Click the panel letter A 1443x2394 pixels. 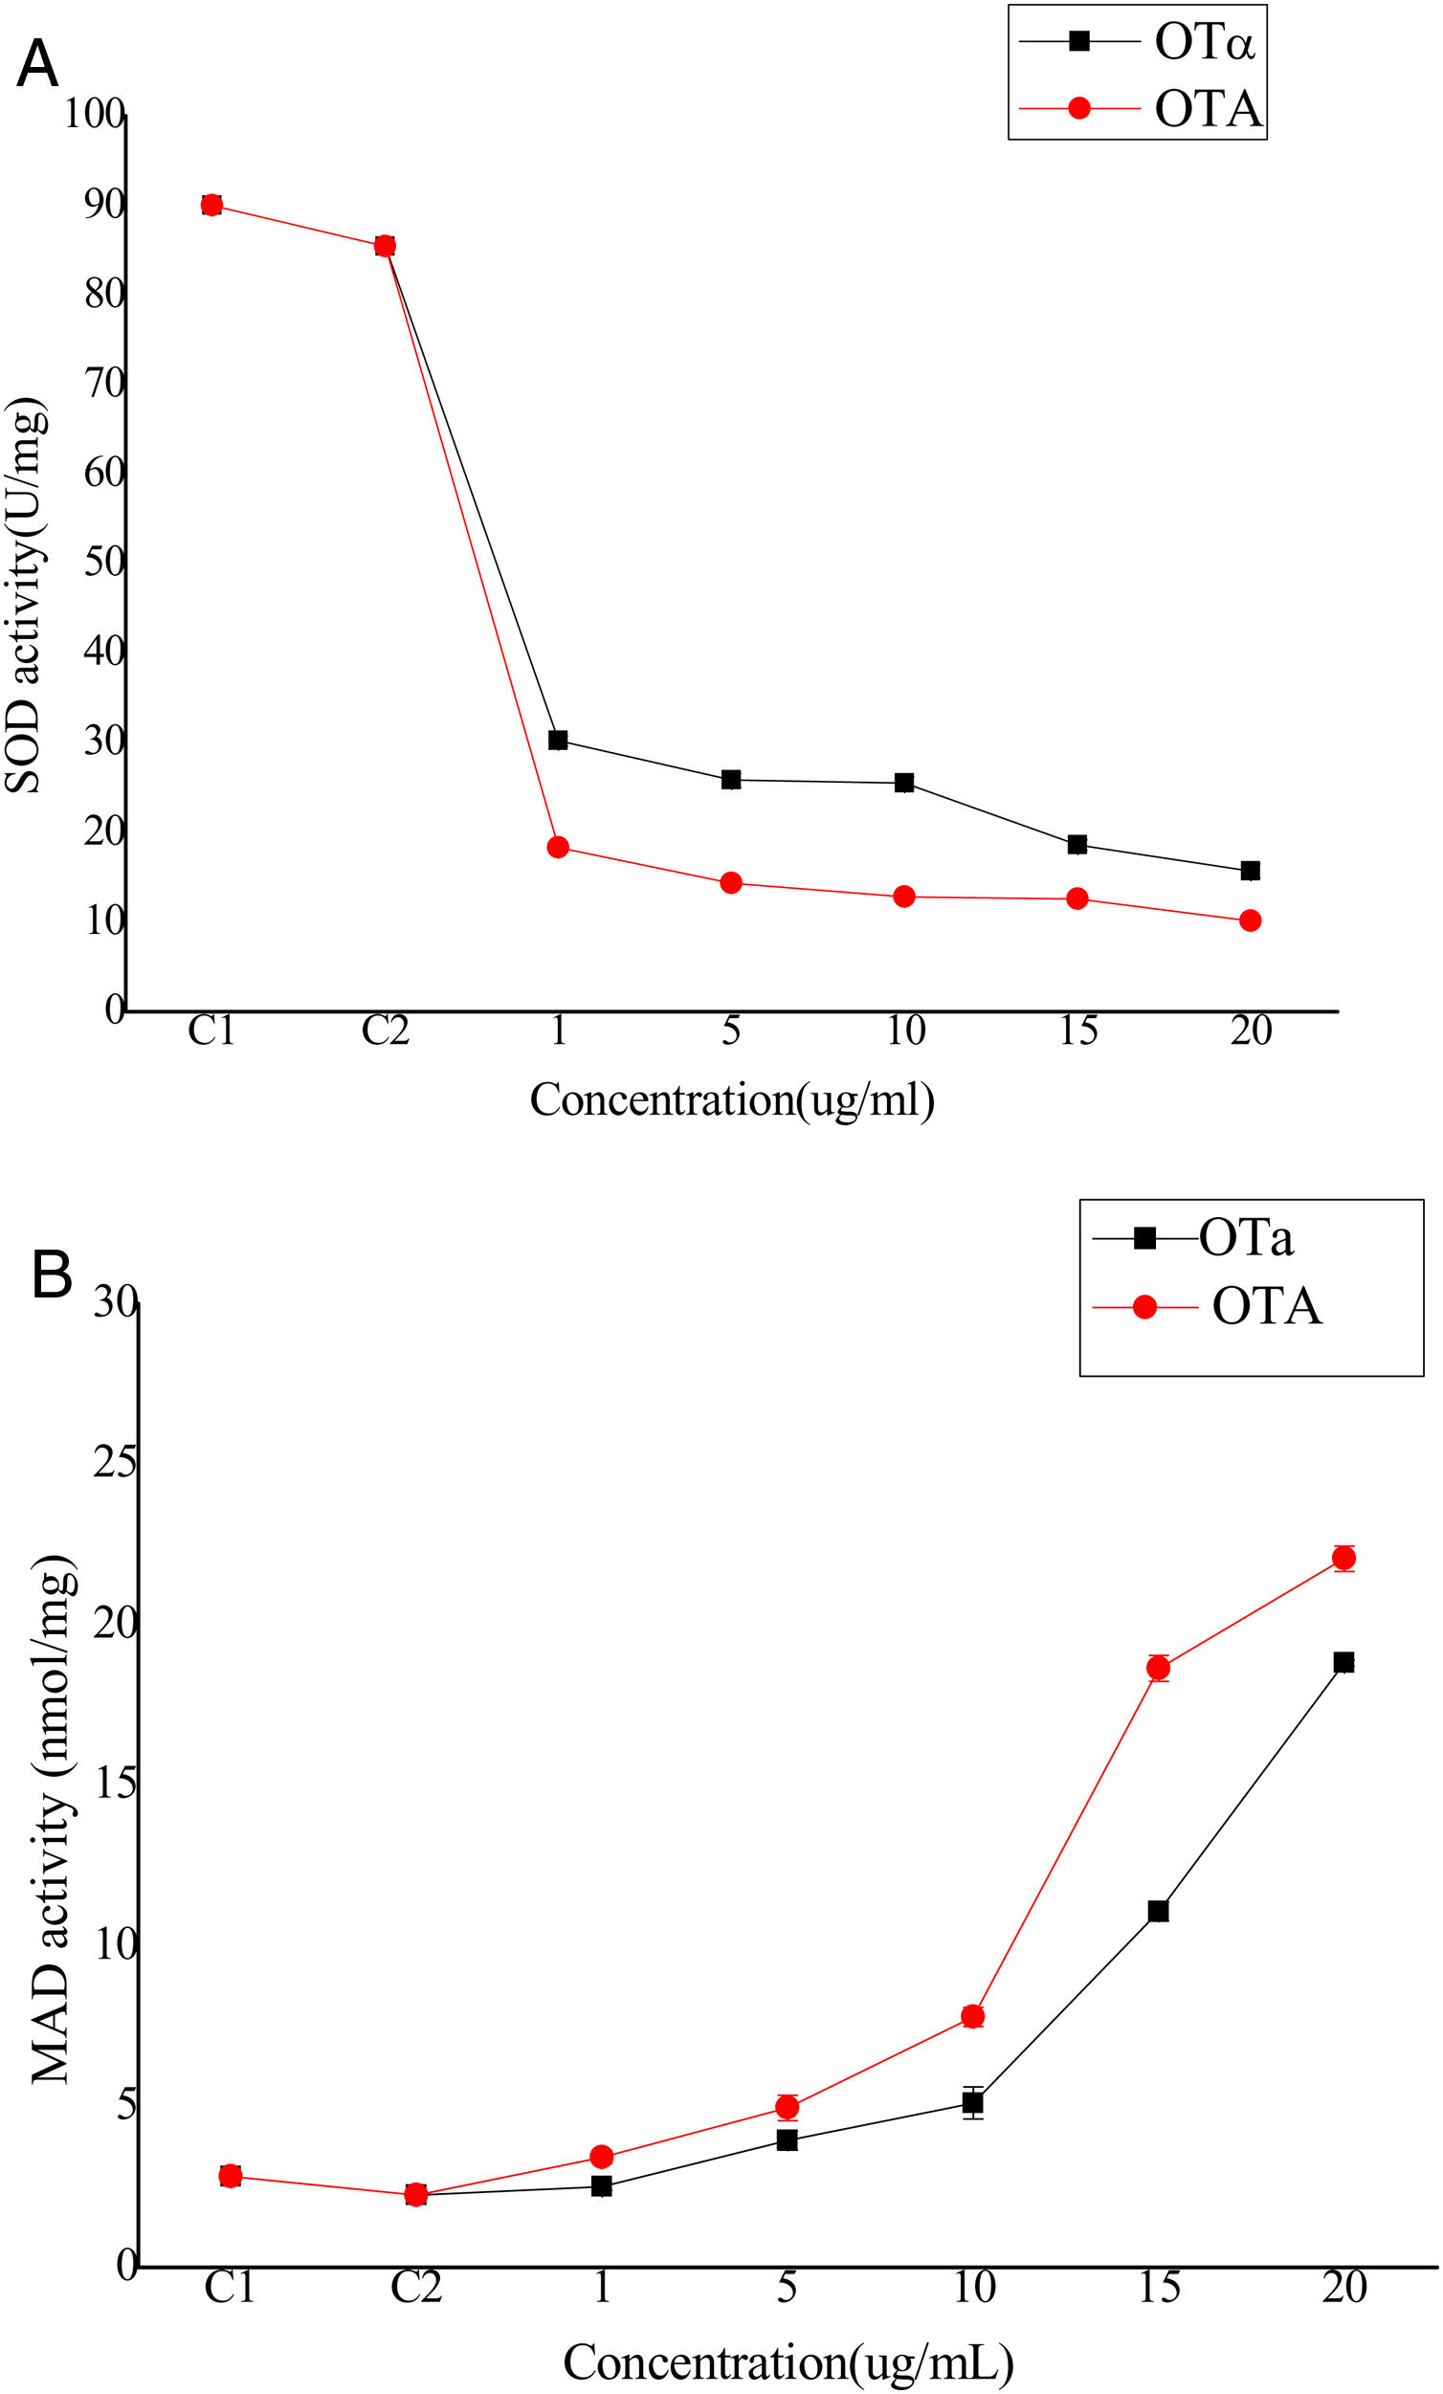pos(37,64)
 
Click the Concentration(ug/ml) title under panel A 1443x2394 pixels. pos(732,1099)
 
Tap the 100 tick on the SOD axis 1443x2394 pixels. pos(95,114)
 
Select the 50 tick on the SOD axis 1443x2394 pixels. pos(104,562)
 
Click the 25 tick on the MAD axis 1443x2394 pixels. pos(115,1461)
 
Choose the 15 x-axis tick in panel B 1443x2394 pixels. pos(1158,2287)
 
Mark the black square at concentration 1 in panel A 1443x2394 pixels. pos(558,741)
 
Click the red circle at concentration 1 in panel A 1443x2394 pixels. pos(558,847)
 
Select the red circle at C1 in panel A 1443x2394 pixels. pos(211,205)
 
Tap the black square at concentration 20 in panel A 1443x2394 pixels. pos(1251,871)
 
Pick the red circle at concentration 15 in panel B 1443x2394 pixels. pos(1158,1668)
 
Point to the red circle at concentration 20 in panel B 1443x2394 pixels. pos(1343,1559)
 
